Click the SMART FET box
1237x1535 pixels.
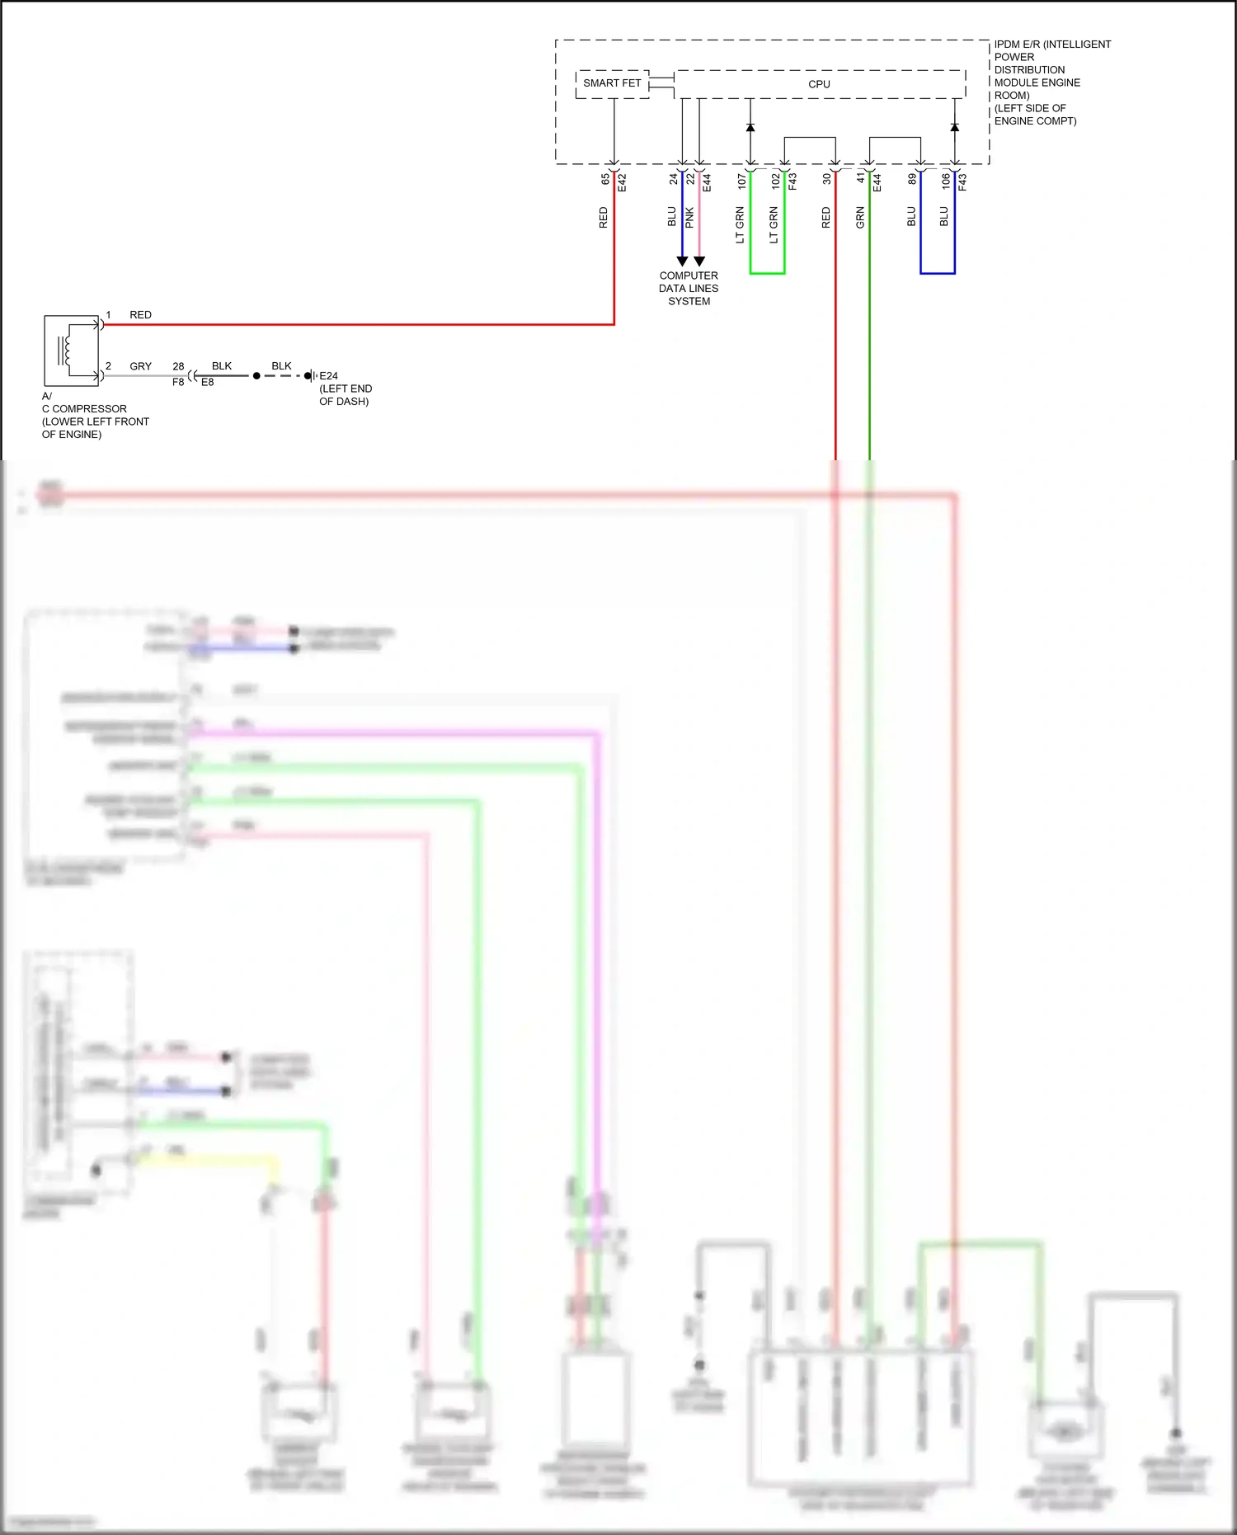coord(612,84)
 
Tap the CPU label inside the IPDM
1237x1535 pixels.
coord(819,84)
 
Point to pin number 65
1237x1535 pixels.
coord(605,178)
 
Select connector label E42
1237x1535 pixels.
coord(623,182)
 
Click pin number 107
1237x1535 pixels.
coord(741,181)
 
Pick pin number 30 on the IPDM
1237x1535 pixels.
coord(826,178)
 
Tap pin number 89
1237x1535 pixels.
coord(912,178)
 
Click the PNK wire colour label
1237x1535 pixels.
coord(689,218)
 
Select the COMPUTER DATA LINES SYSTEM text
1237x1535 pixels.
coord(689,289)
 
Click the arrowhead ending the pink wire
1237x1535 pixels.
coord(699,261)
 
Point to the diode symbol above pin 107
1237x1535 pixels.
coord(750,128)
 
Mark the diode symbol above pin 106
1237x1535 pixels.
coord(955,128)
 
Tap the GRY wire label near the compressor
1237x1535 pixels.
coord(141,366)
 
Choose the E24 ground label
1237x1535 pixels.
coord(328,376)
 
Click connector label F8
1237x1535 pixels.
coord(178,383)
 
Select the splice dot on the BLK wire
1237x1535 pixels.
coord(256,376)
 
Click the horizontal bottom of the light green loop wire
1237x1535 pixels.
coord(767,273)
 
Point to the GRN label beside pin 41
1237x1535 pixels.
coord(860,218)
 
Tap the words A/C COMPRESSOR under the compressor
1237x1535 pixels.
coord(84,408)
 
